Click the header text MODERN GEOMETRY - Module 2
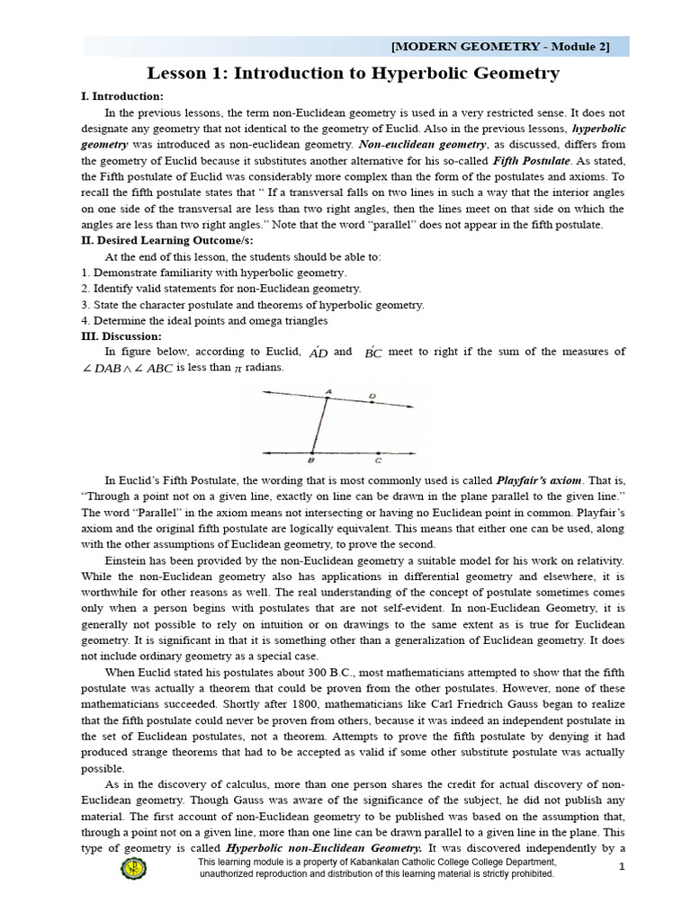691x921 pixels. tap(501, 47)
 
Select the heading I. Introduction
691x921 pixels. tap(122, 97)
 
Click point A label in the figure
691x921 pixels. tap(329, 392)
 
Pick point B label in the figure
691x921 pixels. tap(310, 460)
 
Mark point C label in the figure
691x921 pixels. tap(379, 460)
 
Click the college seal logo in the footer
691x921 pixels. tap(134, 869)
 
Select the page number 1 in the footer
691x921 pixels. tap(622, 866)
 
